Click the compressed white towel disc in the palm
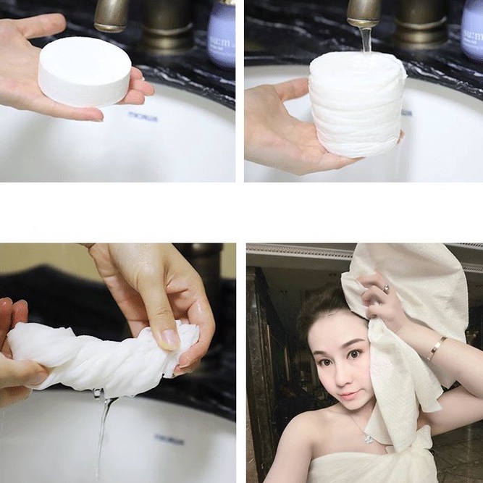(x=85, y=71)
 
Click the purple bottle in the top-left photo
(x=221, y=33)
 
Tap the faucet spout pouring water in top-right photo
(x=364, y=13)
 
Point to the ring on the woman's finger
(x=385, y=288)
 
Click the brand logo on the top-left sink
(x=143, y=115)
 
